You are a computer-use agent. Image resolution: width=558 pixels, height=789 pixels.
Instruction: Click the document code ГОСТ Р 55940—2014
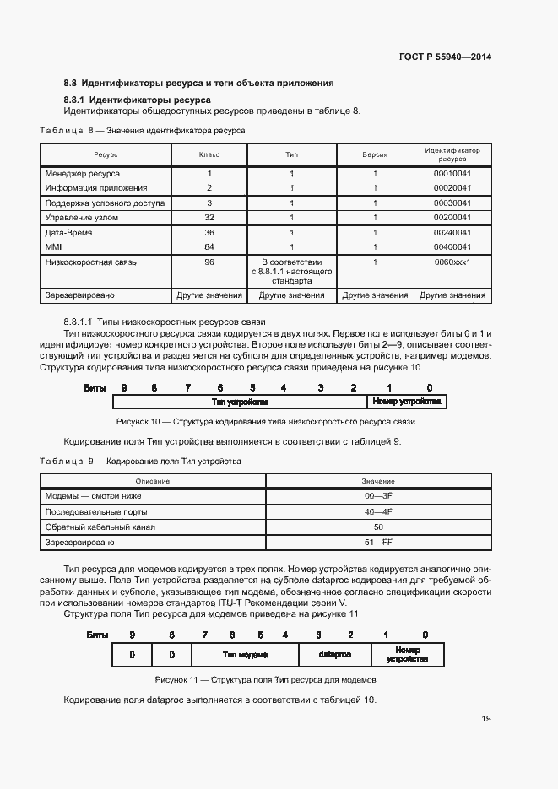pos(444,57)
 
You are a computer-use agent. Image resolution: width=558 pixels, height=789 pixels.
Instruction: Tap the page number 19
pos(485,719)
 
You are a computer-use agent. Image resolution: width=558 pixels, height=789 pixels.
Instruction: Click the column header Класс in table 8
pos(209,155)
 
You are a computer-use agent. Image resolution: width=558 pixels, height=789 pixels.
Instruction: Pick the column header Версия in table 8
pos(375,155)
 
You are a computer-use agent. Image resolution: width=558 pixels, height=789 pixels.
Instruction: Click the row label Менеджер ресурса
pos(83,173)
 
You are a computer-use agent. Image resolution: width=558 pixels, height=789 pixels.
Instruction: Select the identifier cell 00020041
pos(452,188)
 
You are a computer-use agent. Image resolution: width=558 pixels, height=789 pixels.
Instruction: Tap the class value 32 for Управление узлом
pos(209,218)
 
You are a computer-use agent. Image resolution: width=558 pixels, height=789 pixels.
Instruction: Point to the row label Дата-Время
pos(69,232)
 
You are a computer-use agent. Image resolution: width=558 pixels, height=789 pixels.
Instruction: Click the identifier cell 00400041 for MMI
pos(452,247)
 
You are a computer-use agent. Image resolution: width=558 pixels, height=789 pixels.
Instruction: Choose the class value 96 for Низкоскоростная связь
pos(209,262)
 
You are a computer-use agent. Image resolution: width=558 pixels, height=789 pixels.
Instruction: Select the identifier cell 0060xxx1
pos(452,262)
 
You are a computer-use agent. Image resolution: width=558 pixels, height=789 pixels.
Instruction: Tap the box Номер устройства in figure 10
pos(407,403)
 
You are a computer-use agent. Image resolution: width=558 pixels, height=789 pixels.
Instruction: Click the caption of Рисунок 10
pos(265,421)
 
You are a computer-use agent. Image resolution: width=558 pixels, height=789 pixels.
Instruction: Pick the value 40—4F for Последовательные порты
pos(378,511)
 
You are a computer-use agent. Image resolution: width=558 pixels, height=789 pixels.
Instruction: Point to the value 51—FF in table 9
pos(378,542)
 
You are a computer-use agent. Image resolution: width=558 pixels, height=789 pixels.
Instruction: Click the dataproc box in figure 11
pos(334,655)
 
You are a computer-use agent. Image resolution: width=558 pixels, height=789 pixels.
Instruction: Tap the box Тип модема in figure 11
pos(245,655)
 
